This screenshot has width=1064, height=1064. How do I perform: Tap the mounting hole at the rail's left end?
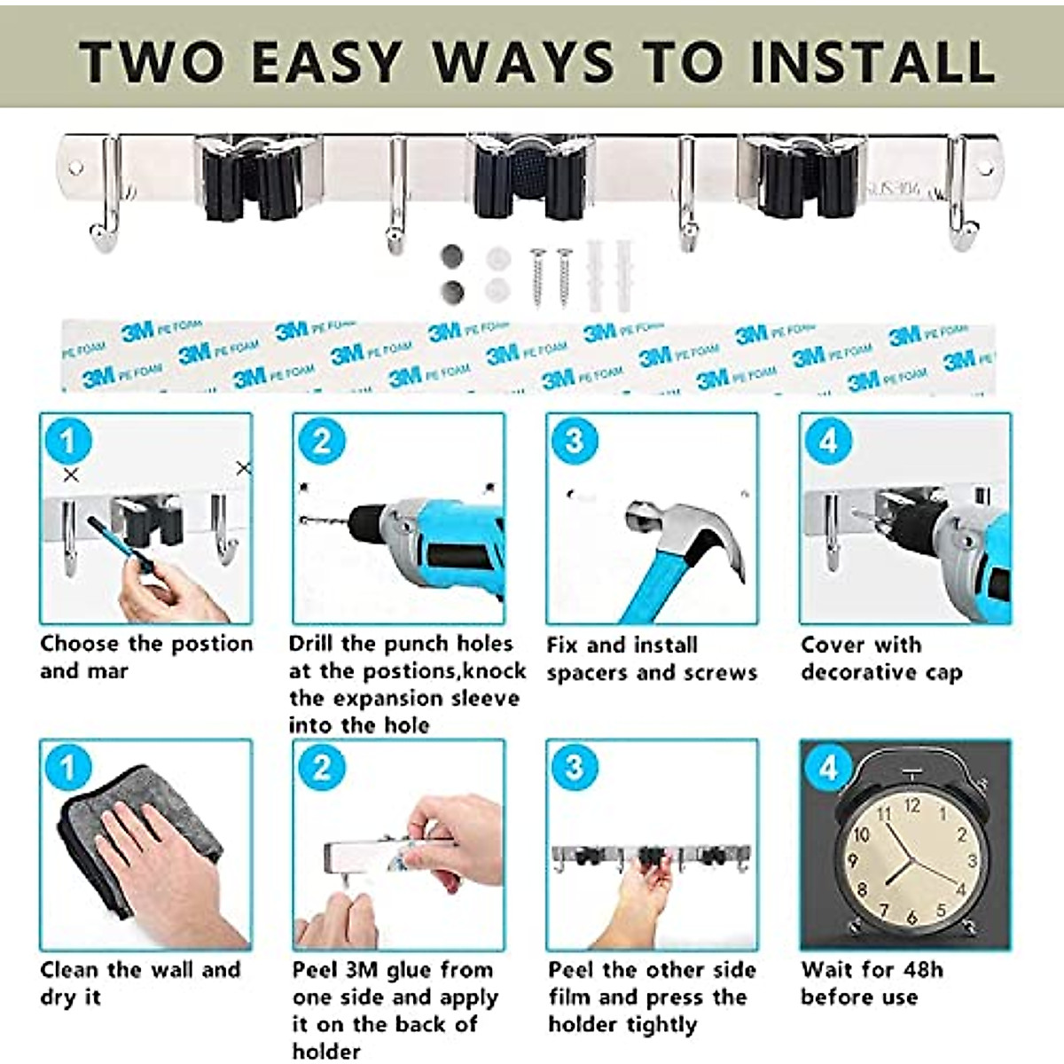tap(76, 167)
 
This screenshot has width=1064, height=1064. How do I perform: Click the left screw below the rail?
tap(537, 277)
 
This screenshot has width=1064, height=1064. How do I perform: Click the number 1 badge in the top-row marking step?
tap(68, 441)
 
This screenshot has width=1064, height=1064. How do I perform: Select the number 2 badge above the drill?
tap(321, 441)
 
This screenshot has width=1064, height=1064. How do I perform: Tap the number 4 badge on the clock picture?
tap(827, 767)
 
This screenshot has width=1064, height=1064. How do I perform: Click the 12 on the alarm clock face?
tap(911, 806)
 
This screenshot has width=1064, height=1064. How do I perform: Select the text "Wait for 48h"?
tap(872, 969)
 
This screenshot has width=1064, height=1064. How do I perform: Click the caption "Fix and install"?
tap(622, 645)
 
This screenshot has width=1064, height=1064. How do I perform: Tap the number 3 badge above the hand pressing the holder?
tap(575, 767)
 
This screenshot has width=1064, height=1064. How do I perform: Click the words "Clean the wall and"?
tap(140, 969)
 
